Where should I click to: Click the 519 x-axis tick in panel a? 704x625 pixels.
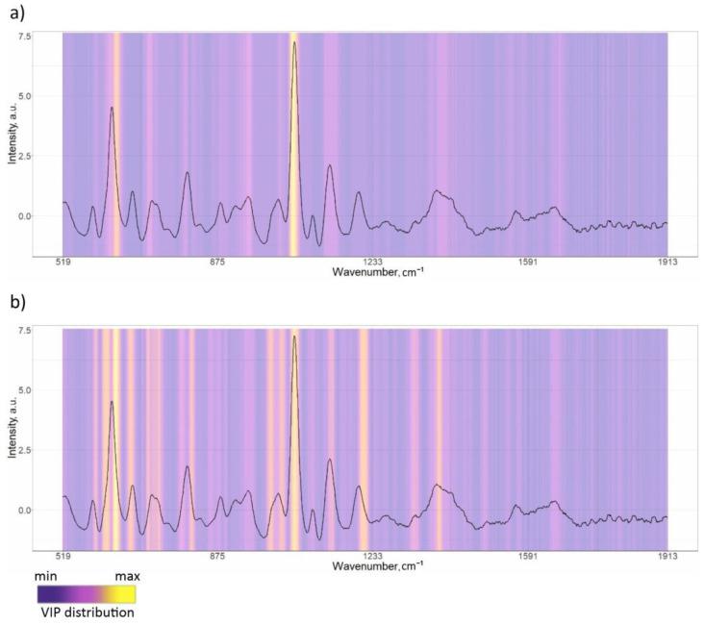(x=63, y=262)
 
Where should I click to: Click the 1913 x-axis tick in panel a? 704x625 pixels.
(x=666, y=262)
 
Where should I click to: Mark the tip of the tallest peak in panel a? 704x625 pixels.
(x=294, y=42)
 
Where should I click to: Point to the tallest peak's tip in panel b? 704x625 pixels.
(x=294, y=337)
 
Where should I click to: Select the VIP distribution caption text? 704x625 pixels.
(x=87, y=612)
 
